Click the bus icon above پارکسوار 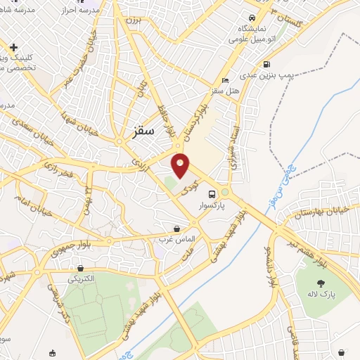click(211, 192)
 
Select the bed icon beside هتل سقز click(225, 79)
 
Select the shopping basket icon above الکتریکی click(82, 268)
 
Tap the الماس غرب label click(176, 240)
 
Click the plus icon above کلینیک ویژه click(13, 47)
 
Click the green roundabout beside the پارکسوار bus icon click(225, 192)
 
